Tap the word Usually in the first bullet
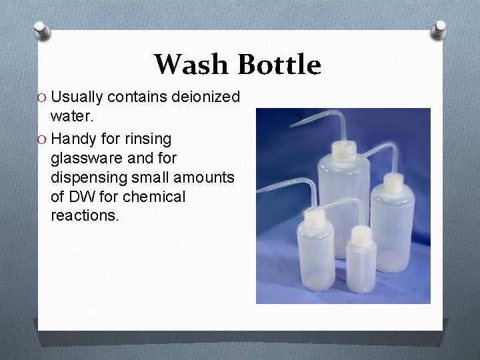pos(76,97)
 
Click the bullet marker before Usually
pos(41,98)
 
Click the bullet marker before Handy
pos(41,140)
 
